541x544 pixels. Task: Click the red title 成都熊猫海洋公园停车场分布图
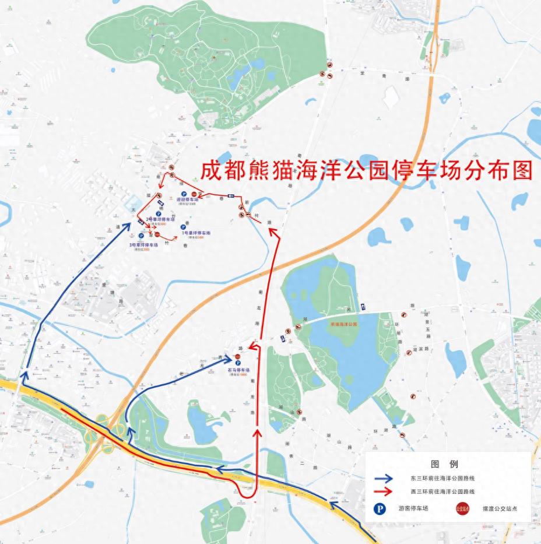click(366, 170)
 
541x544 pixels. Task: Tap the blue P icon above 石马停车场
click(238, 363)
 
